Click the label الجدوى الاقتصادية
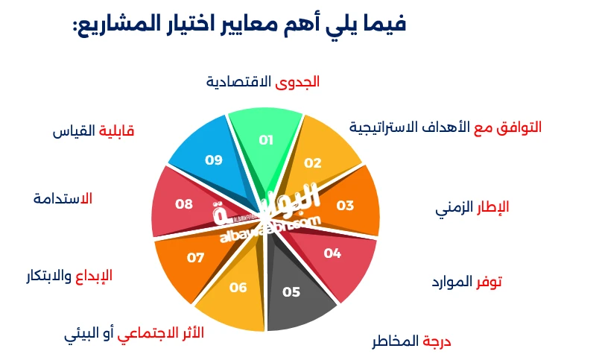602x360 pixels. click(262, 81)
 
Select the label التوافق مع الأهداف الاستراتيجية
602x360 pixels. click(446, 127)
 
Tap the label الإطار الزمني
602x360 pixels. click(472, 207)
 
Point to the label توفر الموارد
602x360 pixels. click(466, 282)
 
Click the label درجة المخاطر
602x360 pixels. click(412, 341)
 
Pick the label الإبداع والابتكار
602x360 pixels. click(69, 276)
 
